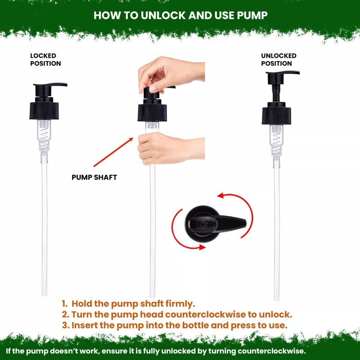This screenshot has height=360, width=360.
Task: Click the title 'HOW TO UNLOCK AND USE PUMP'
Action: (x=180, y=15)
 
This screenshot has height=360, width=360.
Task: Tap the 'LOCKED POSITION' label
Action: (x=45, y=60)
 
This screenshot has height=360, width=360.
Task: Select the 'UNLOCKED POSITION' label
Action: (x=279, y=60)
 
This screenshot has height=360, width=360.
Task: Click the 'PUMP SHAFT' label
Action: (x=94, y=177)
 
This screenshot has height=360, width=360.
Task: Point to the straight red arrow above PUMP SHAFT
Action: (x=113, y=152)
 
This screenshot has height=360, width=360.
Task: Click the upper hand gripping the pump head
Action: (x=171, y=74)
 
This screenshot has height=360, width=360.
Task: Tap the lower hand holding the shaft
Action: (x=171, y=148)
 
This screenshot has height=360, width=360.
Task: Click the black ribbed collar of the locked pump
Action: (x=44, y=111)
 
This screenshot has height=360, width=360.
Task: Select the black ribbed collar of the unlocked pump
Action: (x=276, y=116)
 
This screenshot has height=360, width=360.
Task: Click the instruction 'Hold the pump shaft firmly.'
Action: (x=133, y=303)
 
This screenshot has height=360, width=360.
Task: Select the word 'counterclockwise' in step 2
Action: (x=205, y=314)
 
